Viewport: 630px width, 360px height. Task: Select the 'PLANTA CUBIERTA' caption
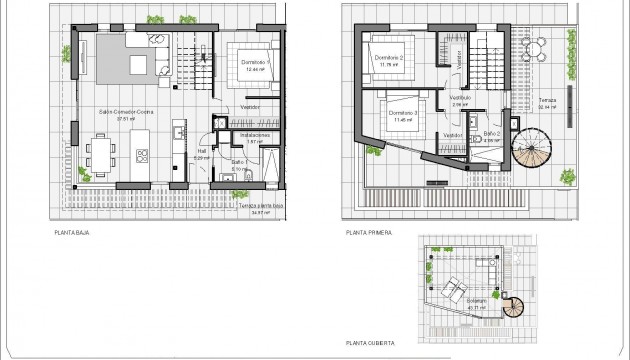point(372,341)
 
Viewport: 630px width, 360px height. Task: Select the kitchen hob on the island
point(142,155)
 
